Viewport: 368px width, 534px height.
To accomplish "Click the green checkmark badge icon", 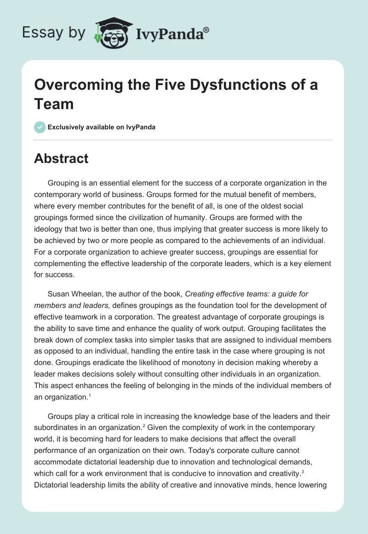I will [x=40, y=127].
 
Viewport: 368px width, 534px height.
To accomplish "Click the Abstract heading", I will [x=61, y=158].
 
